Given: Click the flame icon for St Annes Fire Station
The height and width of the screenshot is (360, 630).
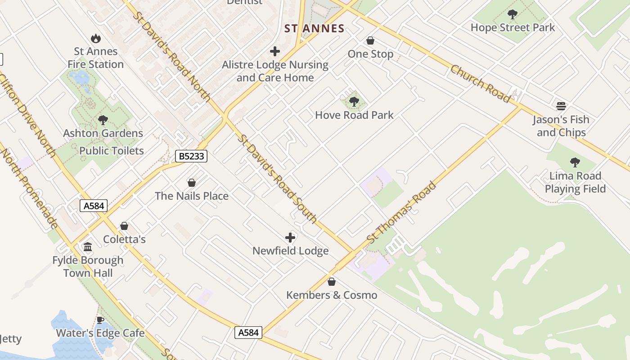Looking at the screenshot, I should coord(95,39).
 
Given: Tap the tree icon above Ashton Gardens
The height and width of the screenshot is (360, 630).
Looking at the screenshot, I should coord(103,120).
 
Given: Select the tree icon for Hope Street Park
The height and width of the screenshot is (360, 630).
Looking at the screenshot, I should coord(513,14).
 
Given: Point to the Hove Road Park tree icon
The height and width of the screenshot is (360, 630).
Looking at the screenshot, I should coord(354,102).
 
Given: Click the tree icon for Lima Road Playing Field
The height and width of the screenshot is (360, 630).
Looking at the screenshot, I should coord(575,162).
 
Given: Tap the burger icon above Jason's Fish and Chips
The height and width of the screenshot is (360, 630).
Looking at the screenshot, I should coord(561,106).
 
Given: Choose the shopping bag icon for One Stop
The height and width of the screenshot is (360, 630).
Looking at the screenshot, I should coord(370,41).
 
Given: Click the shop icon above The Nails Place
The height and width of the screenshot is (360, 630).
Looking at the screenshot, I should coord(192,183).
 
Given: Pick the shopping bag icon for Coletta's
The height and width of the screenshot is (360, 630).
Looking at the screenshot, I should coord(124,226).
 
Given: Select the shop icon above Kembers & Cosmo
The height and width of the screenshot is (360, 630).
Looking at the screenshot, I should coord(332,282).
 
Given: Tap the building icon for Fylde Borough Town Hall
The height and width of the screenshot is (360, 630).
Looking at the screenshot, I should coord(88,247).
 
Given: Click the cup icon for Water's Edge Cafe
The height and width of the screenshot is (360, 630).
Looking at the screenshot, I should coord(100,320).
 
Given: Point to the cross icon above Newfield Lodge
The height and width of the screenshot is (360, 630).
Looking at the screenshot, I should coord(290,238).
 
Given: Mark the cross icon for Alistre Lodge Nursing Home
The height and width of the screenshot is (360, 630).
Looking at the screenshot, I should coord(275,52).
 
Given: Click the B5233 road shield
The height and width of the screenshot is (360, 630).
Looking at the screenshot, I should coord(191,156).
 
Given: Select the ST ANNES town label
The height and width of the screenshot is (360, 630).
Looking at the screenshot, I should coord(315,29).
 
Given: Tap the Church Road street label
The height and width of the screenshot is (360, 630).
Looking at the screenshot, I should coord(481,84).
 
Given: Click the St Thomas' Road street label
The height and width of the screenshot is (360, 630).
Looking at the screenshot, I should coord(402,211).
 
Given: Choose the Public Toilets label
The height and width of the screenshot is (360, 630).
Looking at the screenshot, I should coord(112,151).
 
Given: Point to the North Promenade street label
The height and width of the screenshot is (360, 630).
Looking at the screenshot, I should coord(30,189).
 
